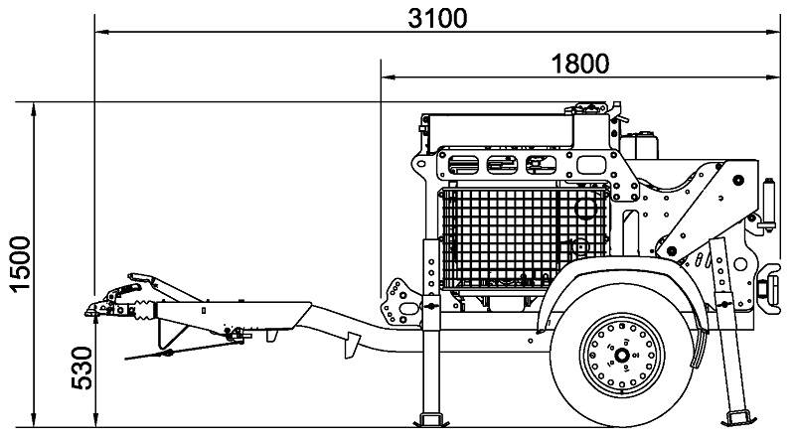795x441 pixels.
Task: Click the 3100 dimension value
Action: (437, 17)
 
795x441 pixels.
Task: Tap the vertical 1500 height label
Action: (19, 263)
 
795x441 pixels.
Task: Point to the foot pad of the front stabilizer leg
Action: (432, 415)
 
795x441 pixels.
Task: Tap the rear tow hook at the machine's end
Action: (768, 286)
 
